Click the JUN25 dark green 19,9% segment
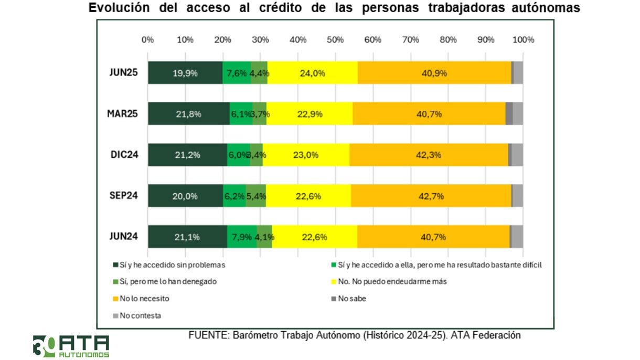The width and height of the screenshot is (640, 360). click(185, 73)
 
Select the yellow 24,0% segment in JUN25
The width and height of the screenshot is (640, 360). click(313, 73)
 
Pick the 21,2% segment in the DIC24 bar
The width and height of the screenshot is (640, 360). click(187, 155)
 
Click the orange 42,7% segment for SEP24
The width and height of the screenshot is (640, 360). click(431, 196)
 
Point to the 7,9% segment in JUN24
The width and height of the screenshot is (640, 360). click(242, 237)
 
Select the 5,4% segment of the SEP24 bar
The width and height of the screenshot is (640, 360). click(256, 196)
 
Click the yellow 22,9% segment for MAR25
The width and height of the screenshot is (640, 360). click(310, 114)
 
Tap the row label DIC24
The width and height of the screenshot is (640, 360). click(124, 154)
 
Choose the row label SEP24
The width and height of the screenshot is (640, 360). click(124, 195)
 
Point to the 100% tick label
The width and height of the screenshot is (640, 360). click(522, 39)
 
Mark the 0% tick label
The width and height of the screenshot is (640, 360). click(147, 39)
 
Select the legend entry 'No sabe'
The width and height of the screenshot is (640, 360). click(351, 299)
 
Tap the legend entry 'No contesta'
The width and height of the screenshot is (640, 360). click(140, 315)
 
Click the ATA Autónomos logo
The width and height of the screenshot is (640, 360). click(71, 346)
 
